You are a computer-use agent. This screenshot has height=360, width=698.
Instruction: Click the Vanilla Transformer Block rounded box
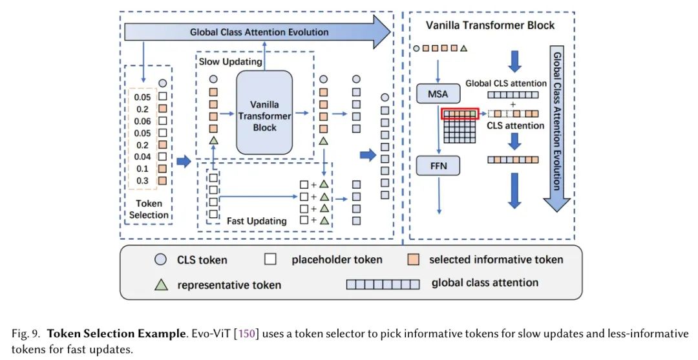(x=264, y=112)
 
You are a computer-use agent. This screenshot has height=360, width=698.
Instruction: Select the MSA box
(x=438, y=94)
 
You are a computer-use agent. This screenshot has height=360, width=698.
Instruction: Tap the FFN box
(x=438, y=165)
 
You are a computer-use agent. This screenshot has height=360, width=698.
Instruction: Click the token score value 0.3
(x=142, y=180)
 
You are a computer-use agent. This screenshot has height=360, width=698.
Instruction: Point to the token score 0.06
(x=142, y=121)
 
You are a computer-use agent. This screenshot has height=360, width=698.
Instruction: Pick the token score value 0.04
(x=142, y=156)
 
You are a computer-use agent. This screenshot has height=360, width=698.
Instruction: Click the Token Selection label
(x=149, y=209)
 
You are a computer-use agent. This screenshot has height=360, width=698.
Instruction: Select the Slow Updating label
(x=231, y=62)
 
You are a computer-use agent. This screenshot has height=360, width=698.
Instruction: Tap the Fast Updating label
(x=257, y=221)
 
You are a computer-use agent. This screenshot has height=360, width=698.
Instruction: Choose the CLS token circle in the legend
(x=160, y=260)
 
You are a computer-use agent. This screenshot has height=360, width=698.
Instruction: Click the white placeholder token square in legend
(x=270, y=260)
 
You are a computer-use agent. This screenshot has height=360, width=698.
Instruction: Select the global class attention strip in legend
(x=383, y=284)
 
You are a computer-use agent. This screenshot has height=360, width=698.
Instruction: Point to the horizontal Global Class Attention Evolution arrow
(x=259, y=32)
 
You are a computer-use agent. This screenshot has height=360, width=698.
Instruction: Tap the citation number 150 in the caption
(x=248, y=334)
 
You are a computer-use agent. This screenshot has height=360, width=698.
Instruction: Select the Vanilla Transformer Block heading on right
(x=490, y=25)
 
